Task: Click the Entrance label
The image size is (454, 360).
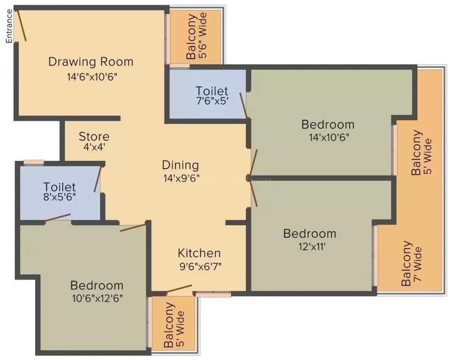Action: click(9, 26)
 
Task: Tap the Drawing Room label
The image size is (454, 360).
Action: click(91, 62)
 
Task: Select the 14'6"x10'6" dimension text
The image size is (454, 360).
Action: click(92, 77)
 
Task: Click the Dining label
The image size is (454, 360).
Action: click(181, 165)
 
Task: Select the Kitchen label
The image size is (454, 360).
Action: click(199, 253)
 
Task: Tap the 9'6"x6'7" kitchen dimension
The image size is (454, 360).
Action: click(200, 266)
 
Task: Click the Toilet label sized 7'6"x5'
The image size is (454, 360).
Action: click(212, 91)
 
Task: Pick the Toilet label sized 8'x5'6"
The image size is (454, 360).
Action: click(60, 187)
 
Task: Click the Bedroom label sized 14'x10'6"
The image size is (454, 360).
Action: click(328, 124)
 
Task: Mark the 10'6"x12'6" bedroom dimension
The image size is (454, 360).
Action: click(98, 298)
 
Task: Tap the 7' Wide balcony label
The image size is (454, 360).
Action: click(412, 263)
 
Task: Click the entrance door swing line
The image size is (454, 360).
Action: click(23, 25)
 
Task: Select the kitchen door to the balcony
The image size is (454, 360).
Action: click(180, 289)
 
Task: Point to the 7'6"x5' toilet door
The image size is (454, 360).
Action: click(243, 105)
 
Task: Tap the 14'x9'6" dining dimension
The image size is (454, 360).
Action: click(182, 178)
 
